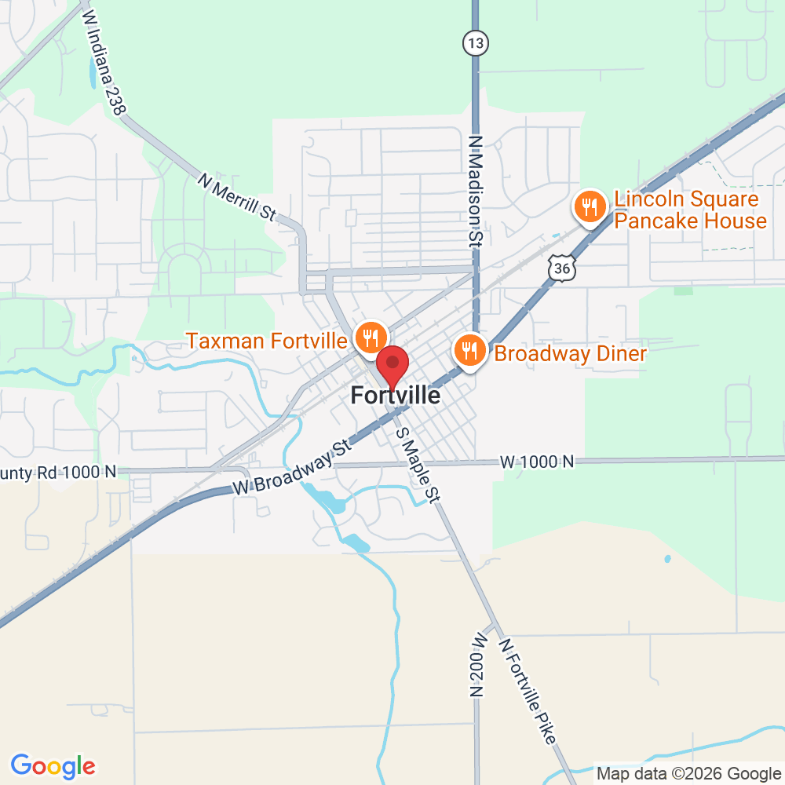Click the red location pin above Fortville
click(x=393, y=363)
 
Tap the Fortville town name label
click(x=396, y=396)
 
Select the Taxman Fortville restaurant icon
click(x=370, y=338)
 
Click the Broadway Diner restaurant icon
click(x=469, y=350)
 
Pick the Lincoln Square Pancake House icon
click(x=589, y=207)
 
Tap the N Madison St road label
click(x=474, y=191)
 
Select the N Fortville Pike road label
click(x=529, y=690)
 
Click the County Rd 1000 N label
click(x=58, y=472)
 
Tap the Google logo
click(x=53, y=765)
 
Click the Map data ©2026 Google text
click(x=688, y=772)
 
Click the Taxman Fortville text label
click(x=266, y=341)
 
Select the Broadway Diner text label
click(x=570, y=353)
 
